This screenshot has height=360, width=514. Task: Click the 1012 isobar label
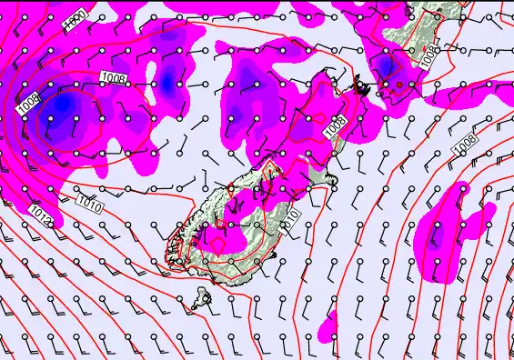pos(38,215)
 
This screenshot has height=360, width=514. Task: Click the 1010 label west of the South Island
pos(89,200)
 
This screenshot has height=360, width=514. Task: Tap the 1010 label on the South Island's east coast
pos(290,217)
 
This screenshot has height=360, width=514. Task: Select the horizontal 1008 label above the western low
pos(114,78)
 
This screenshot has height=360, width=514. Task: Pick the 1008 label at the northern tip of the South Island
pos(336,126)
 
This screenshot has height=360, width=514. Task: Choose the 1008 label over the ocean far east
pos(465,143)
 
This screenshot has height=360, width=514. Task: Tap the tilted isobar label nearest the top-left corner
pos(76,19)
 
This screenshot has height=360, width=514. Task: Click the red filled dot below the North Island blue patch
pos(398,85)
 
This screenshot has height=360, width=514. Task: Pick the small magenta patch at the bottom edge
pos(330,324)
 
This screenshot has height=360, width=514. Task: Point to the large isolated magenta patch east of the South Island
pos(448,223)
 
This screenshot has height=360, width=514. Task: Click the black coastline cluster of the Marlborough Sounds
pos(363,89)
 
